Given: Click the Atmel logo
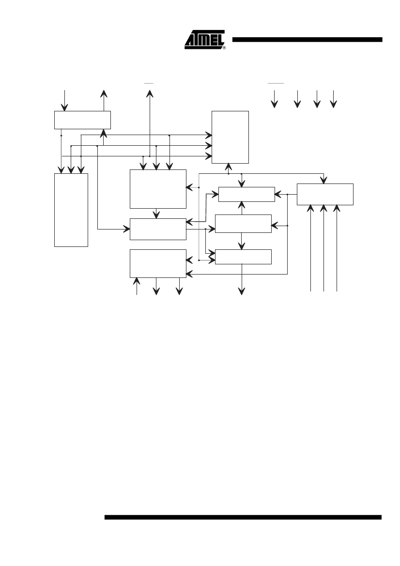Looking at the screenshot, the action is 204,39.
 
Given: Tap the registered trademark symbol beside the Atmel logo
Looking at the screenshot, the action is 224,47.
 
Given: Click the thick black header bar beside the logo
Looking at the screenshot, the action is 307,40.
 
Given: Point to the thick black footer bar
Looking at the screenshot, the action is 243,517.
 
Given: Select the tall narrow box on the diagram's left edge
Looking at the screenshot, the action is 71,210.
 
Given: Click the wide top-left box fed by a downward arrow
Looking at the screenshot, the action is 82,120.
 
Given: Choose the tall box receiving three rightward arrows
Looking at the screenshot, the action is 231,137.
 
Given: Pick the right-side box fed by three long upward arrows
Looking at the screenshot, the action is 325,194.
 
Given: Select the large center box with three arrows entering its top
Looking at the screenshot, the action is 158,189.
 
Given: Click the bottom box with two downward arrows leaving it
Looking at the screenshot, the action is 158,263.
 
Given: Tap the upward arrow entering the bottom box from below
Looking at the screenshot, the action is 137,286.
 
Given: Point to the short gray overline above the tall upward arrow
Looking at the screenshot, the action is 149,83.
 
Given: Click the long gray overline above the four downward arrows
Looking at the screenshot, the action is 276,83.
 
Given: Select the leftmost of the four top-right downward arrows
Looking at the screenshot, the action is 275,99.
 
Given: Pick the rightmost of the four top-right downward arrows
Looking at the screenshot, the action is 334,99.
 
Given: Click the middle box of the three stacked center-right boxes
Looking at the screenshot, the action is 243,224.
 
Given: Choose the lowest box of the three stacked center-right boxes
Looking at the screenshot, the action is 243,257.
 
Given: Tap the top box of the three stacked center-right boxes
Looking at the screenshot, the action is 246,194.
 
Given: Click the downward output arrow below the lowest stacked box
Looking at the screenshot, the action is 242,279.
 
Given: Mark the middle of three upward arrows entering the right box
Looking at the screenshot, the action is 324,248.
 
